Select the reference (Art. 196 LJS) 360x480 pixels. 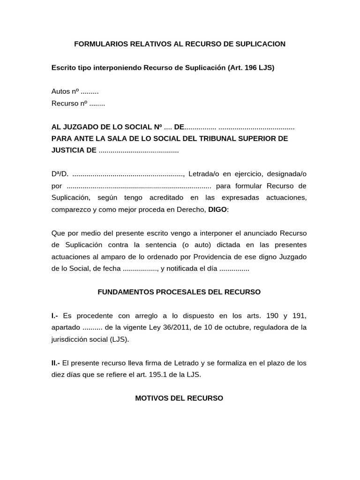[251, 67]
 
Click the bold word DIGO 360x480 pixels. [217, 210]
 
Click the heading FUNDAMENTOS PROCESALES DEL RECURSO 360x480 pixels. [179, 292]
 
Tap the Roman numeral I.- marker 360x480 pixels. [55, 316]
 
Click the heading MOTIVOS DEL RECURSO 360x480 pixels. [179, 398]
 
